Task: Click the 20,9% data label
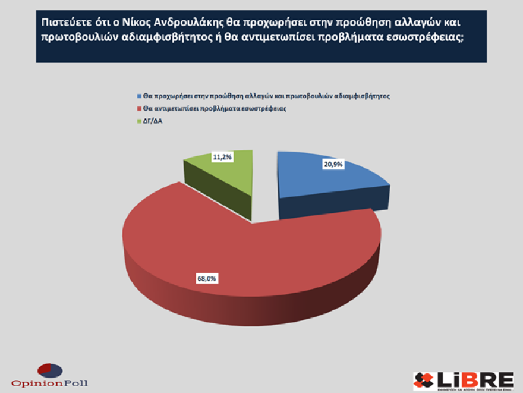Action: click(x=333, y=165)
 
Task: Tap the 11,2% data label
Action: click(x=222, y=157)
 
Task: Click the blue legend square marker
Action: click(x=140, y=96)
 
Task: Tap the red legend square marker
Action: click(x=140, y=109)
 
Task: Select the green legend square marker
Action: click(x=140, y=121)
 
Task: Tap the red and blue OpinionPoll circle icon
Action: click(x=50, y=370)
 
